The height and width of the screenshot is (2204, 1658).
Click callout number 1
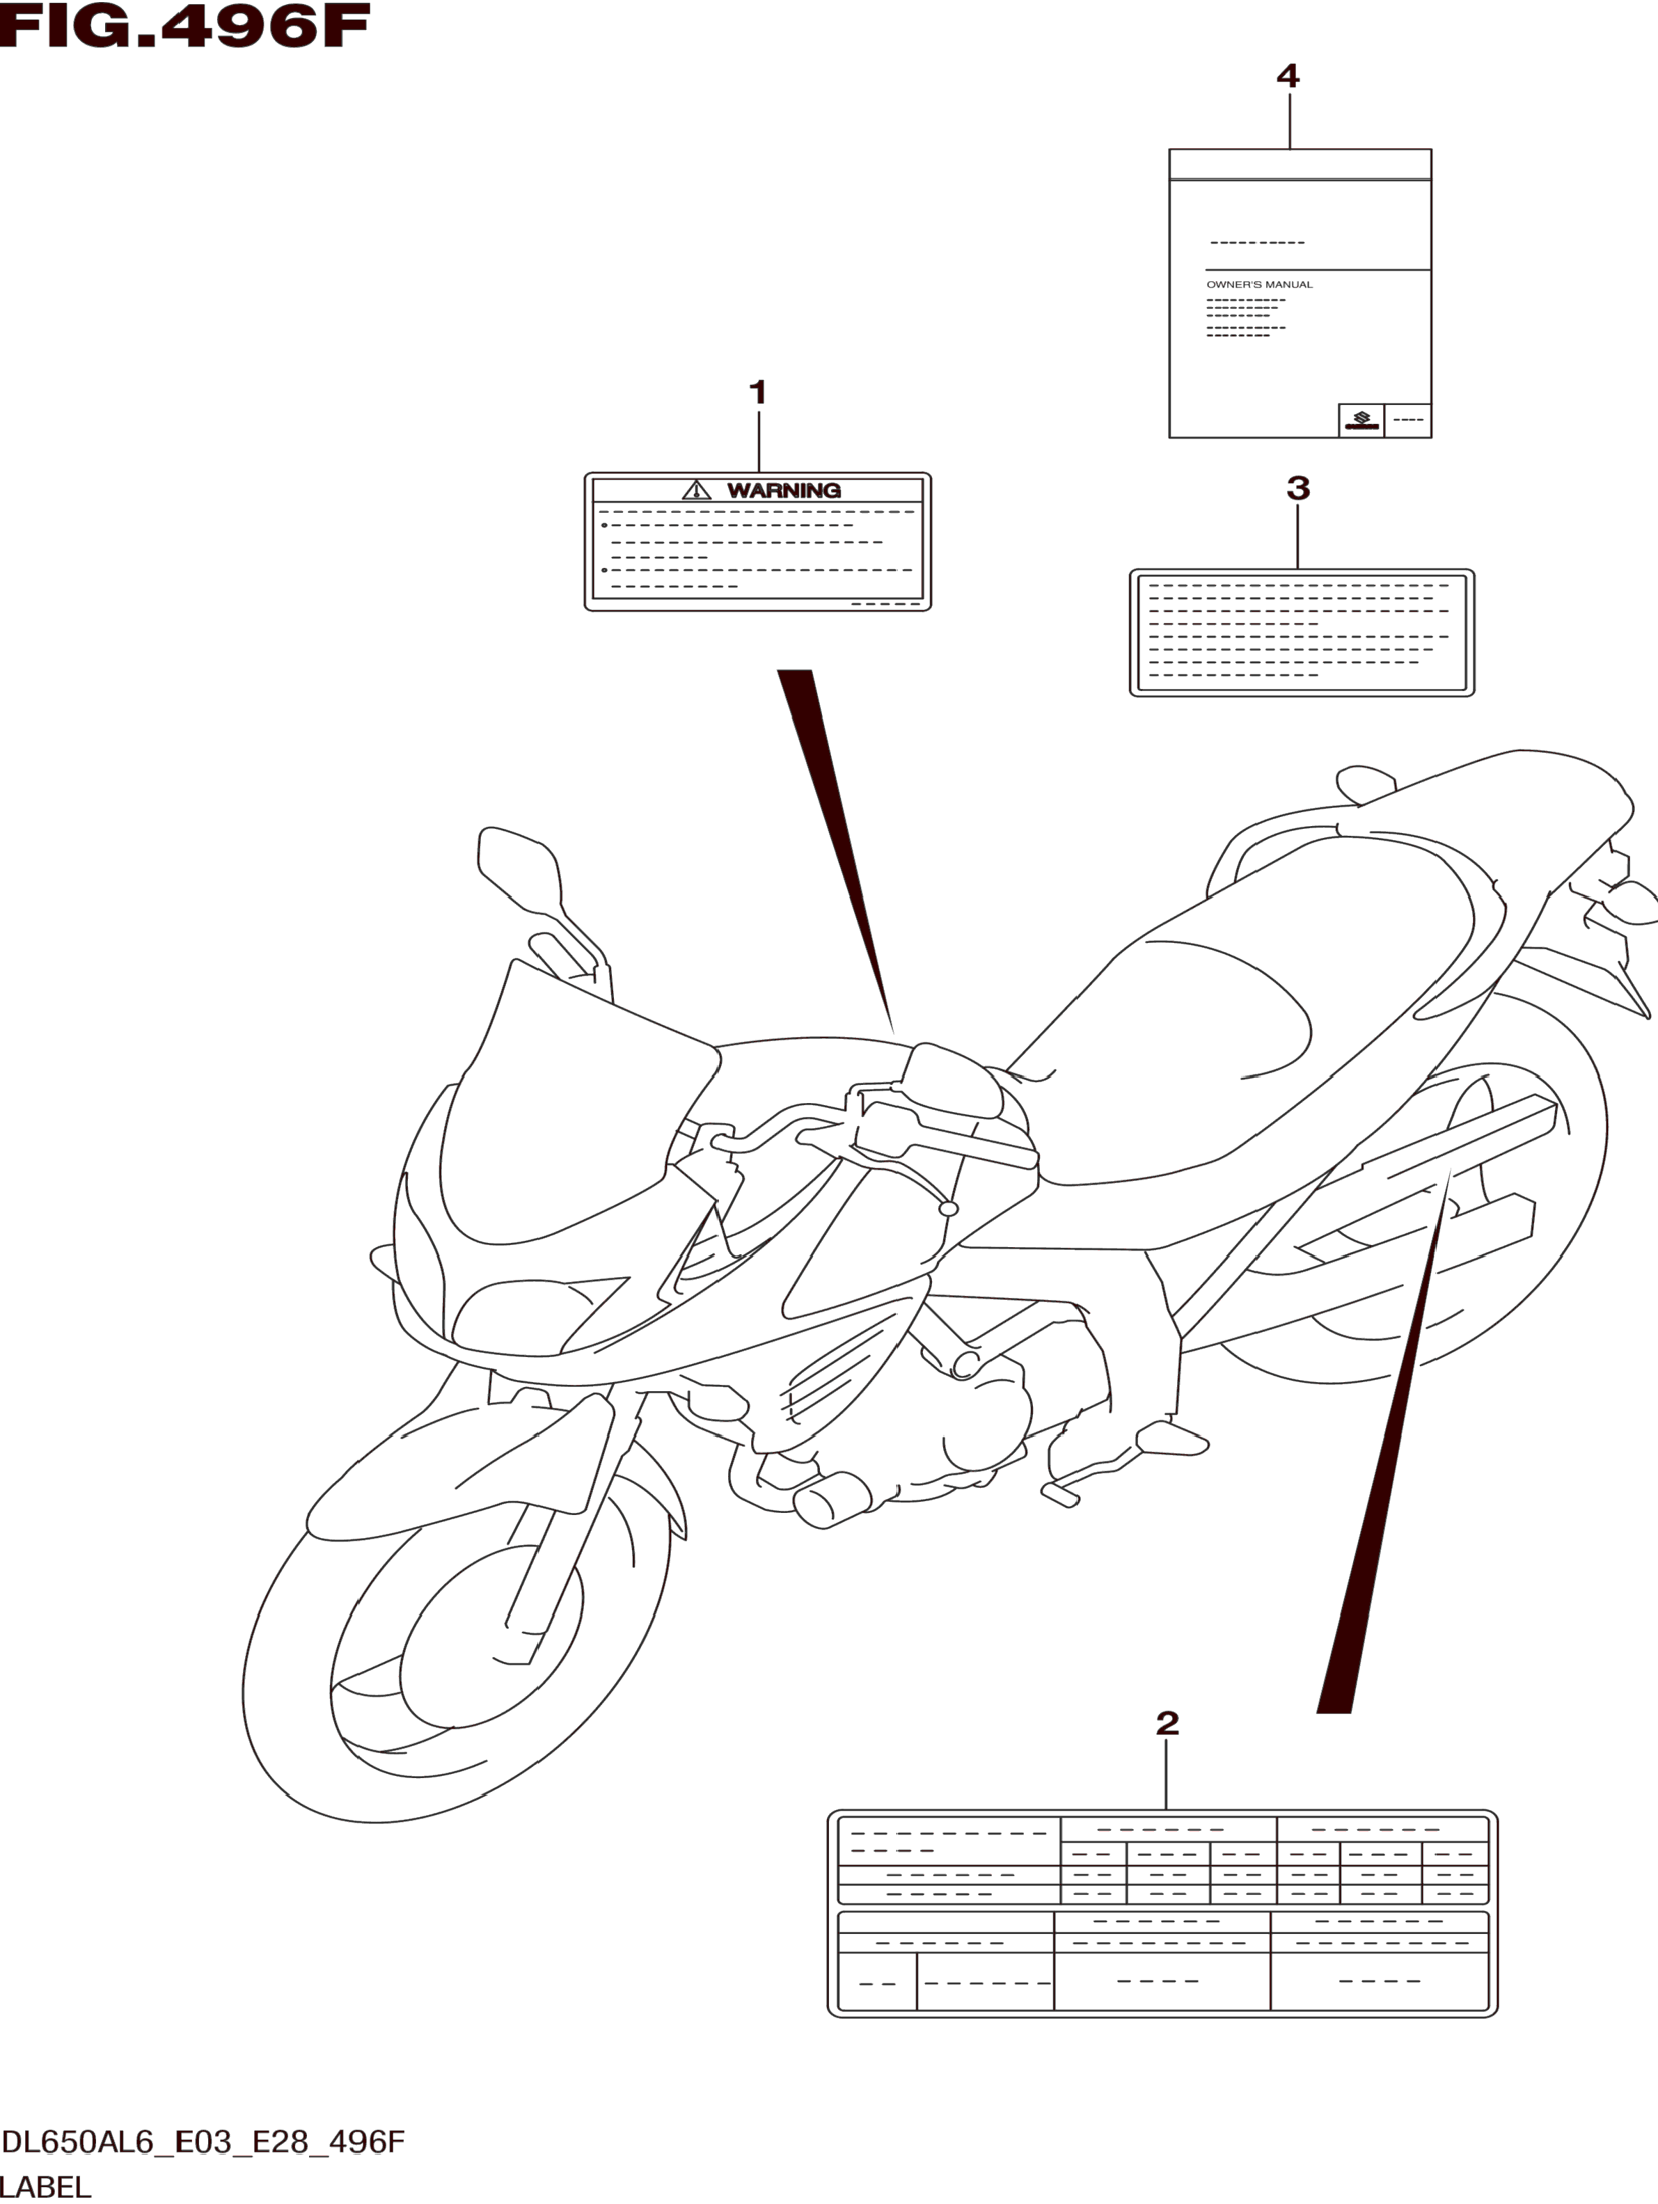[757, 393]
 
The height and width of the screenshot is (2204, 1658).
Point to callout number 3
[1297, 489]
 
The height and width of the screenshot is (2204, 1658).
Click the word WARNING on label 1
[783, 490]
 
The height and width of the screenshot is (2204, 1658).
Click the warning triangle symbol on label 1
[697, 490]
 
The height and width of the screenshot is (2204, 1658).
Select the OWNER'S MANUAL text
[1259, 285]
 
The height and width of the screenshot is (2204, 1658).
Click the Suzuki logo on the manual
[1360, 420]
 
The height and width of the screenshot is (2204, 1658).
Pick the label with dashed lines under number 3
[1302, 633]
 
